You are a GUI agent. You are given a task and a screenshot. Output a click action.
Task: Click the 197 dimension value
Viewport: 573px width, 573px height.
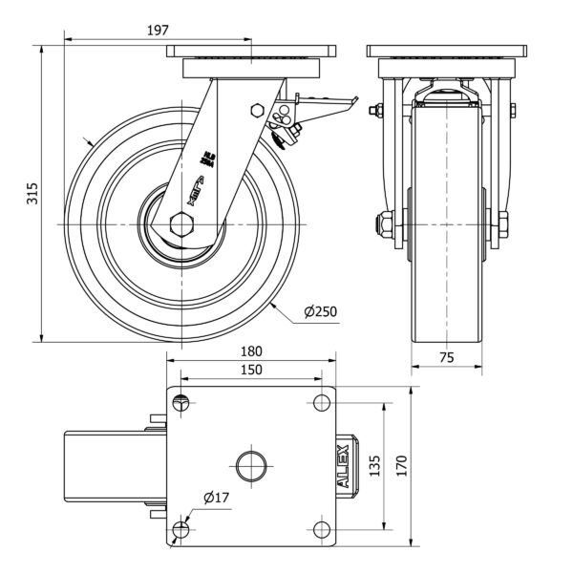[158, 30]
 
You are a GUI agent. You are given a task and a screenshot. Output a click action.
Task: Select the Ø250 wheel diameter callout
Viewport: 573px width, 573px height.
[320, 312]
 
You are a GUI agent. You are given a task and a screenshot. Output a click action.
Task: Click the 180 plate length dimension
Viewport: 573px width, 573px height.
[251, 350]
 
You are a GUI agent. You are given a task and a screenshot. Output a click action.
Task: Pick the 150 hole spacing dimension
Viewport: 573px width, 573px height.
[251, 370]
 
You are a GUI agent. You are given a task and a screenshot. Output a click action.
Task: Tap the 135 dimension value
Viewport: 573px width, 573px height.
[374, 465]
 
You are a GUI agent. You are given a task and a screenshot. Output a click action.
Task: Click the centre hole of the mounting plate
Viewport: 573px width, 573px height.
[251, 466]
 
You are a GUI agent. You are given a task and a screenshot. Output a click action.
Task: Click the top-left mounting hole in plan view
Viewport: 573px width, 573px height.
[183, 402]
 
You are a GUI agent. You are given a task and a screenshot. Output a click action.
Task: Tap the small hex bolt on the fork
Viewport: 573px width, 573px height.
[255, 110]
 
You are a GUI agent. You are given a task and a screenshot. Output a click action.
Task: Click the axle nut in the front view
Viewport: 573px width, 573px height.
[381, 225]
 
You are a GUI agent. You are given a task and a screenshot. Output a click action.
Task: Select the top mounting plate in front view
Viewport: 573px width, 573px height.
[446, 51]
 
